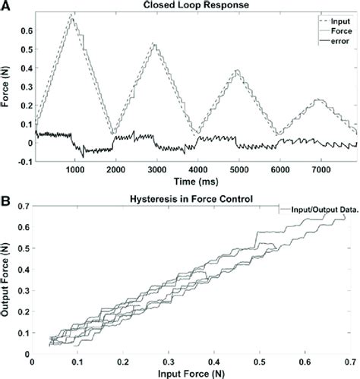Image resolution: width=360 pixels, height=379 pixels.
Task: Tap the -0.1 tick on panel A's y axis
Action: tap(21, 160)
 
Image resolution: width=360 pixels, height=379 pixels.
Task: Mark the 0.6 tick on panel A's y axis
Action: tap(23, 30)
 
